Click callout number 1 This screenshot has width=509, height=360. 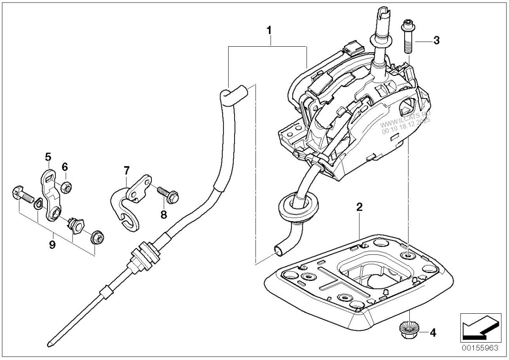click(x=269, y=30)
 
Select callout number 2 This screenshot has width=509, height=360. click(x=359, y=207)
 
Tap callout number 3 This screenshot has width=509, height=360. click(x=436, y=40)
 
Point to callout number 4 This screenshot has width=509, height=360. click(x=433, y=333)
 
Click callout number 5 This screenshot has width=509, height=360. click(x=48, y=157)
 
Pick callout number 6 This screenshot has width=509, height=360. click(x=65, y=167)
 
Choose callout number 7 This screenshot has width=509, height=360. click(x=126, y=170)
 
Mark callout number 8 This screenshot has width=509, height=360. click(x=164, y=214)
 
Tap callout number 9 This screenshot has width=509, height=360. click(x=52, y=245)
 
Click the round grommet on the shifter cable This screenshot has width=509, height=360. click(x=298, y=206)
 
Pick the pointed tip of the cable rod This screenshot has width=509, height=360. click(x=48, y=346)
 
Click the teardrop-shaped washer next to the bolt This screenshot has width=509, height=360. click(x=38, y=202)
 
